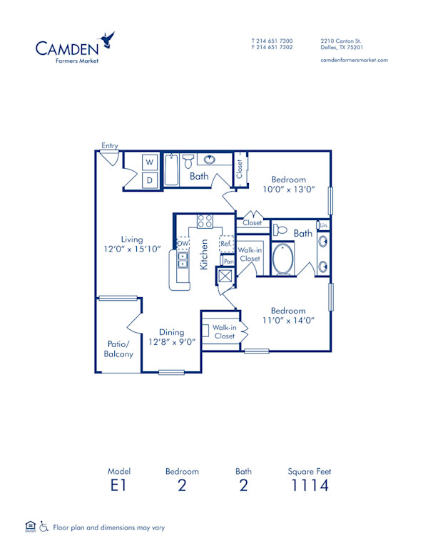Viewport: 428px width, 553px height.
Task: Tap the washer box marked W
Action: (x=151, y=162)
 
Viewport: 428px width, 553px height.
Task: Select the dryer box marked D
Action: (x=151, y=180)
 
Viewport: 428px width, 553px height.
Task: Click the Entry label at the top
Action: (x=109, y=146)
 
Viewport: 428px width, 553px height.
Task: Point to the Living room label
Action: (x=131, y=239)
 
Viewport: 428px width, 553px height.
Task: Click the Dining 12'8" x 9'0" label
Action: (x=172, y=337)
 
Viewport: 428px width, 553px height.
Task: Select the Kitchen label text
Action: (x=204, y=254)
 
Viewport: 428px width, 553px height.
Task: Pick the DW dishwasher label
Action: (x=183, y=244)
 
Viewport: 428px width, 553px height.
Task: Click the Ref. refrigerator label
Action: (x=226, y=244)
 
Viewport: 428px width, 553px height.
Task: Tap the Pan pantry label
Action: (x=228, y=262)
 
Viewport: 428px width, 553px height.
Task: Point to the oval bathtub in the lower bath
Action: (x=284, y=259)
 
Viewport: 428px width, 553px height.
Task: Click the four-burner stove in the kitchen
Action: (x=205, y=221)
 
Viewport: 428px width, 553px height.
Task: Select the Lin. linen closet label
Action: (x=323, y=226)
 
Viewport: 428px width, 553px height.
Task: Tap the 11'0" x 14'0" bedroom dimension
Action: (x=289, y=321)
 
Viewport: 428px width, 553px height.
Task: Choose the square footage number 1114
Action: (x=309, y=487)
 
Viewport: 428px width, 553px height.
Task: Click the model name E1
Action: (x=119, y=487)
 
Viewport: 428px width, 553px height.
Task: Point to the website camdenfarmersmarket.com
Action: (x=355, y=60)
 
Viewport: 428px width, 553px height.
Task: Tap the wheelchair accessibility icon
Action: (x=44, y=527)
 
